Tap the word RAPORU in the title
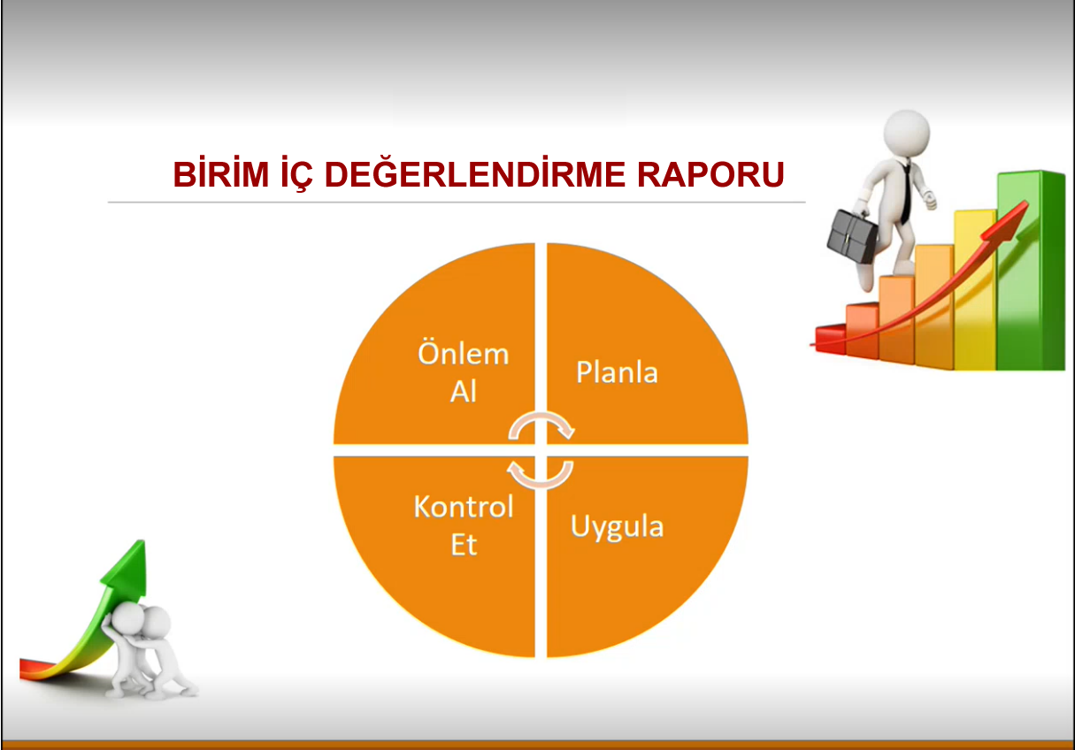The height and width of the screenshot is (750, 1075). click(710, 173)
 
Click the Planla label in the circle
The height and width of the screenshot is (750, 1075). click(617, 371)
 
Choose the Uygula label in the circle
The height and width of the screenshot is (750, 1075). click(618, 527)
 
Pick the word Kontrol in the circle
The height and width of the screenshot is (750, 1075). click(464, 506)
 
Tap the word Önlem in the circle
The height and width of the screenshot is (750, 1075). click(463, 353)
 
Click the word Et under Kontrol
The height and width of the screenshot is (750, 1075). click(465, 545)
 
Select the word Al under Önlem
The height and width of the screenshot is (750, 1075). click(463, 391)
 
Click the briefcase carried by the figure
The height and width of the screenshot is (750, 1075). click(852, 235)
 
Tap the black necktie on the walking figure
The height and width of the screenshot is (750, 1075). click(906, 192)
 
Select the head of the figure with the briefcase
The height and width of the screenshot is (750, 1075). click(907, 133)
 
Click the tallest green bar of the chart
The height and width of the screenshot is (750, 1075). click(1031, 270)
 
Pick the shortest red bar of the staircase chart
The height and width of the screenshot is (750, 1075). click(830, 339)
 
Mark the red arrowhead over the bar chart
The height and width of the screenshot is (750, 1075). click(1005, 222)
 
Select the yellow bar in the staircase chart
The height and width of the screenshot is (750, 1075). click(975, 290)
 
